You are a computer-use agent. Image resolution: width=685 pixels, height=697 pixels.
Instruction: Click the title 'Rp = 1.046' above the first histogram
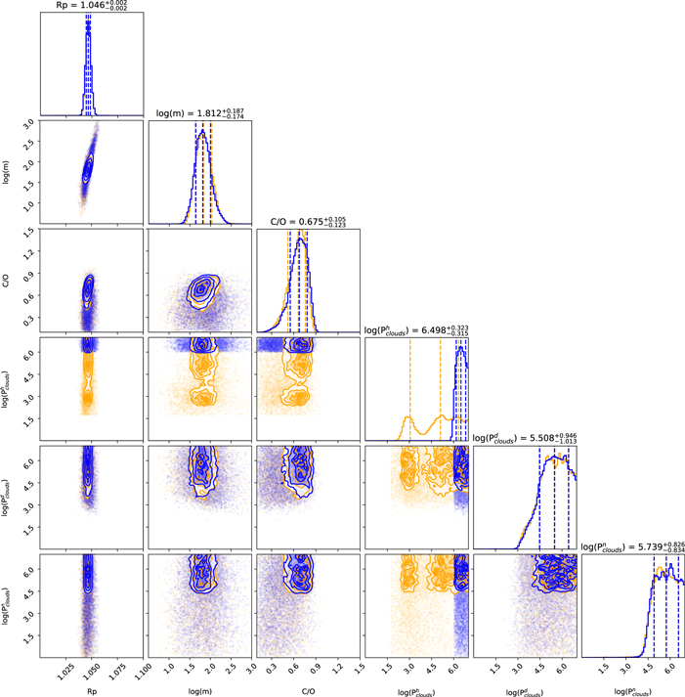(88, 6)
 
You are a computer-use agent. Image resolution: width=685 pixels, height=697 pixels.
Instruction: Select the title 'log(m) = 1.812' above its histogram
(200, 114)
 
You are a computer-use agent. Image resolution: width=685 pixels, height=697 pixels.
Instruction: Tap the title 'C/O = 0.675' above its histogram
(308, 221)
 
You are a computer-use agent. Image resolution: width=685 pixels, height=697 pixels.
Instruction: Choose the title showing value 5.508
(524, 438)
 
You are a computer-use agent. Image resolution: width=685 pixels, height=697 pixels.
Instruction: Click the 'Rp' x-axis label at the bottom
(91, 690)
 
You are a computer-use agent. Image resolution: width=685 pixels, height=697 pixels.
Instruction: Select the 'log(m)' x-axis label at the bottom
(199, 690)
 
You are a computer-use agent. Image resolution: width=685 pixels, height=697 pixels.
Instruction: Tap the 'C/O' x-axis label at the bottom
(308, 690)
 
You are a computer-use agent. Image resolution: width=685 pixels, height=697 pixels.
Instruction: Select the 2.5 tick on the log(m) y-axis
(28, 144)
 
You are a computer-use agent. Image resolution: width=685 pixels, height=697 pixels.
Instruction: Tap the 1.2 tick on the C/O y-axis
(28, 251)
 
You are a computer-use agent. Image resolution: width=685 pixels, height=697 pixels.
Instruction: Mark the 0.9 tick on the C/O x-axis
(318, 673)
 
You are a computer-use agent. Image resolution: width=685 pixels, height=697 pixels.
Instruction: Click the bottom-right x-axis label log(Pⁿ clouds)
(632, 689)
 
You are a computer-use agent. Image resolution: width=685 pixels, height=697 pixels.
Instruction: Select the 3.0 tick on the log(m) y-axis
(28, 123)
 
